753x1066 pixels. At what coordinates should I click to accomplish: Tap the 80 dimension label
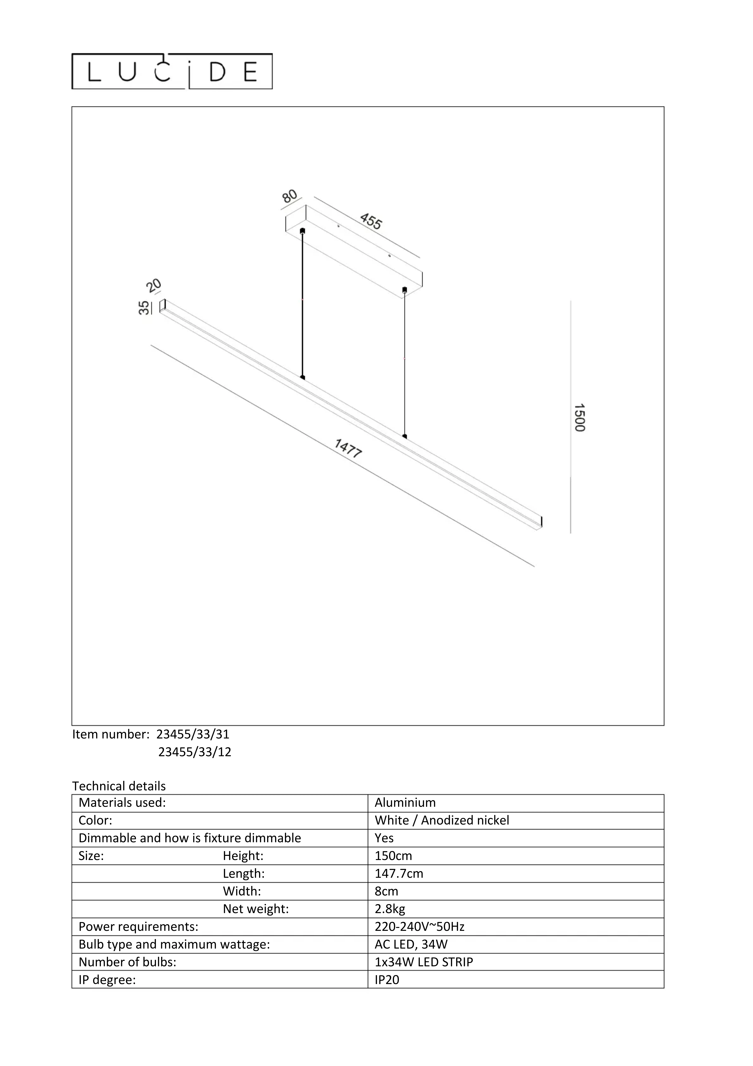(x=289, y=196)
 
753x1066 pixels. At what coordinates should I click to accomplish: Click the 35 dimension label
(x=144, y=307)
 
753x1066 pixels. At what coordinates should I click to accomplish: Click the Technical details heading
(x=119, y=786)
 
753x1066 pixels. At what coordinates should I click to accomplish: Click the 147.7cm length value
(x=399, y=874)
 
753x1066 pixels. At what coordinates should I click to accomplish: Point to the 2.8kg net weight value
(x=390, y=909)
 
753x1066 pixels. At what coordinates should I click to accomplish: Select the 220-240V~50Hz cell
(x=419, y=927)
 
